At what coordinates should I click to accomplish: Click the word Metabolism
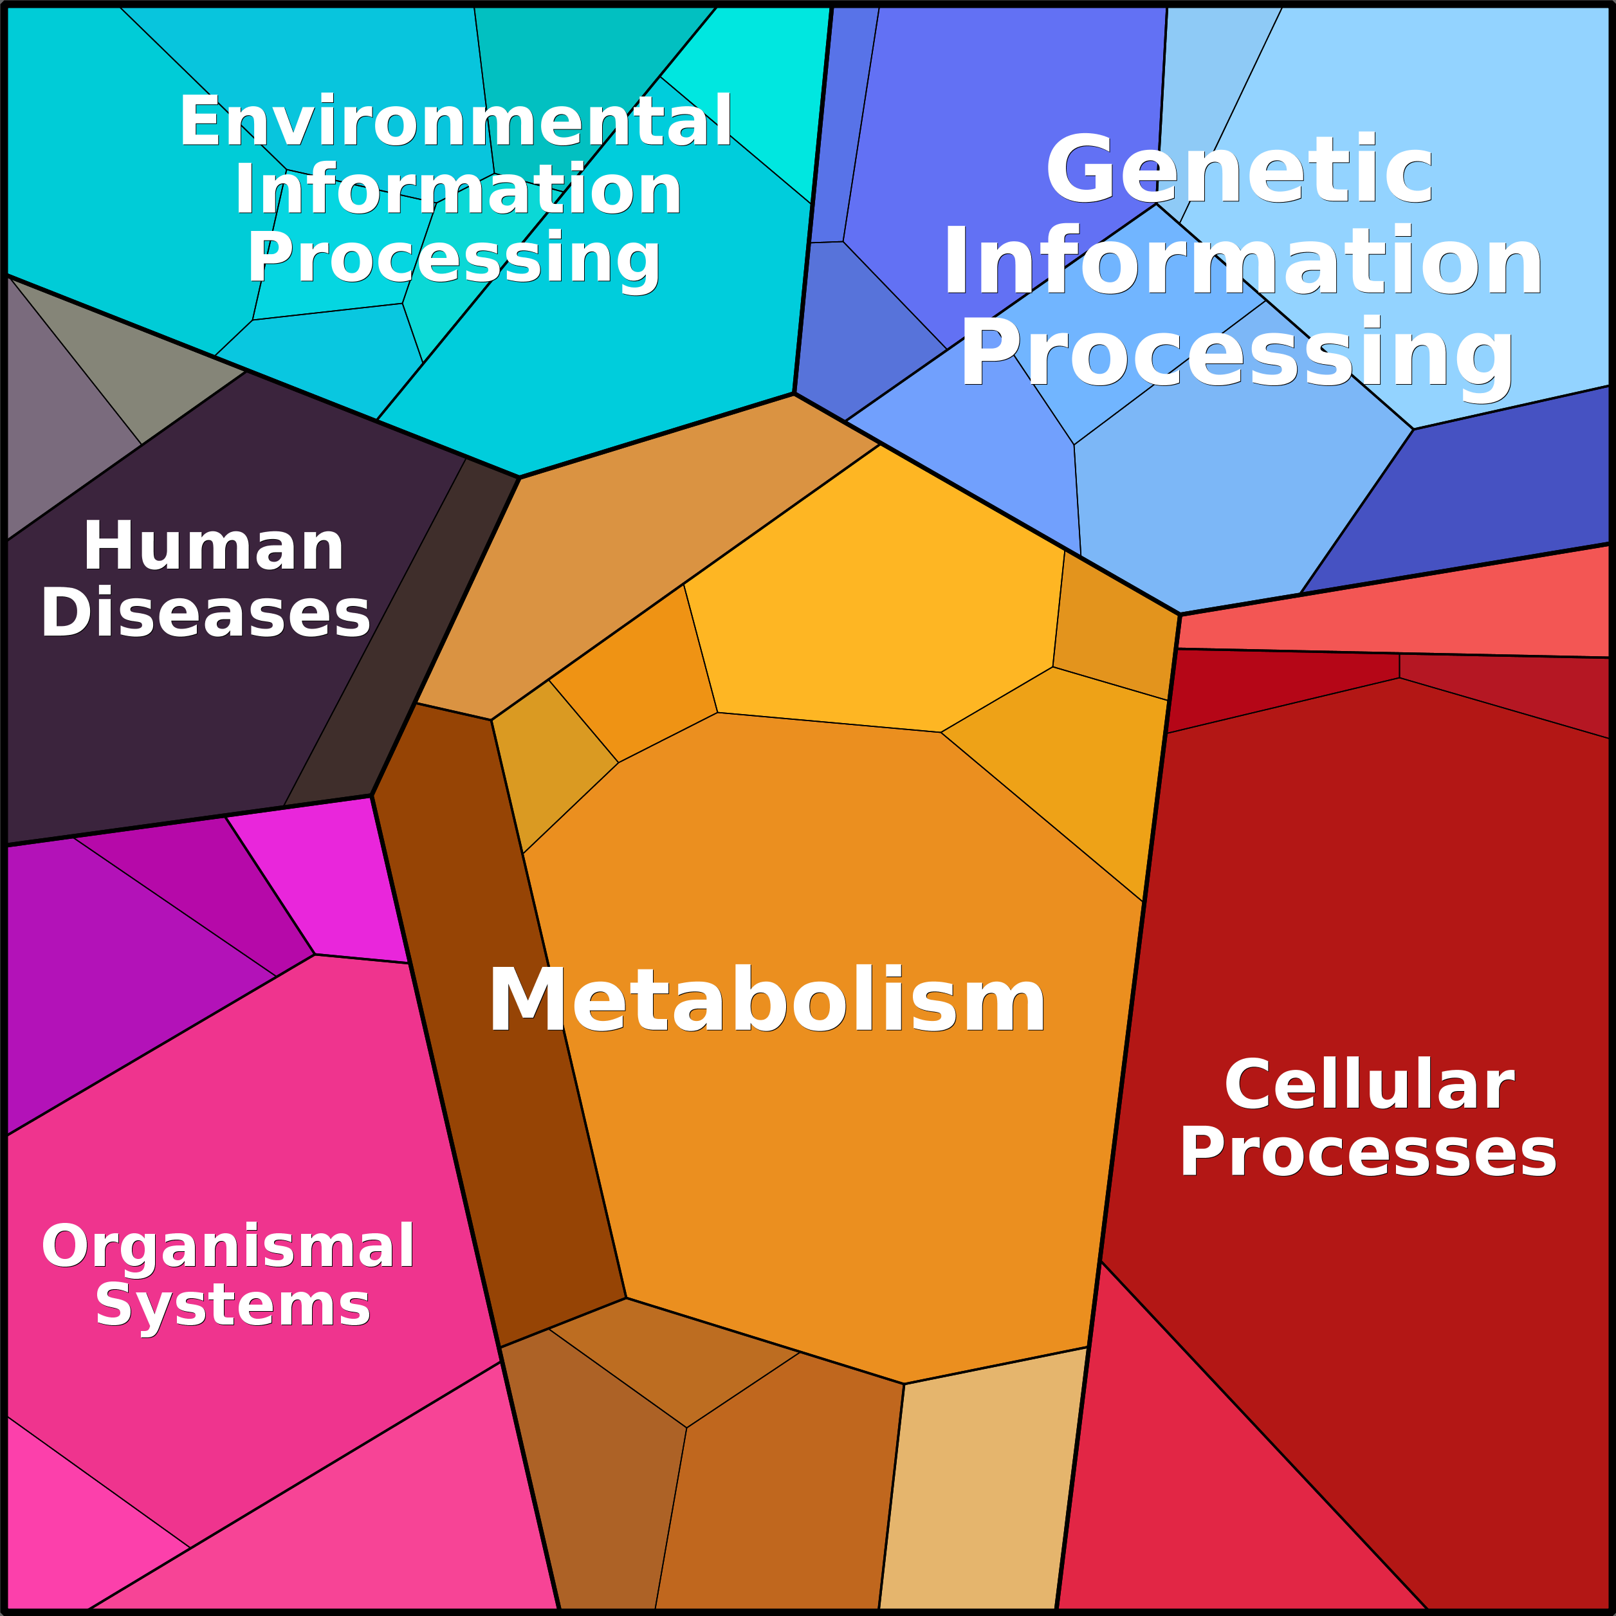tap(767, 1000)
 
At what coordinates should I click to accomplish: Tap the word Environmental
tap(457, 122)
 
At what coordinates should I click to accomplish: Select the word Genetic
tap(1240, 170)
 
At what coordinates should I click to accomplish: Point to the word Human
tap(214, 546)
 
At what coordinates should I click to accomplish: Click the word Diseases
tap(205, 613)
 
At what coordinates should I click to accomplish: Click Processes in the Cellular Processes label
tap(1368, 1152)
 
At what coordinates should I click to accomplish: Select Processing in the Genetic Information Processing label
tap(1237, 354)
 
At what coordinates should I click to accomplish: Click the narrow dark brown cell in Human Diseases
tap(401, 636)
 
